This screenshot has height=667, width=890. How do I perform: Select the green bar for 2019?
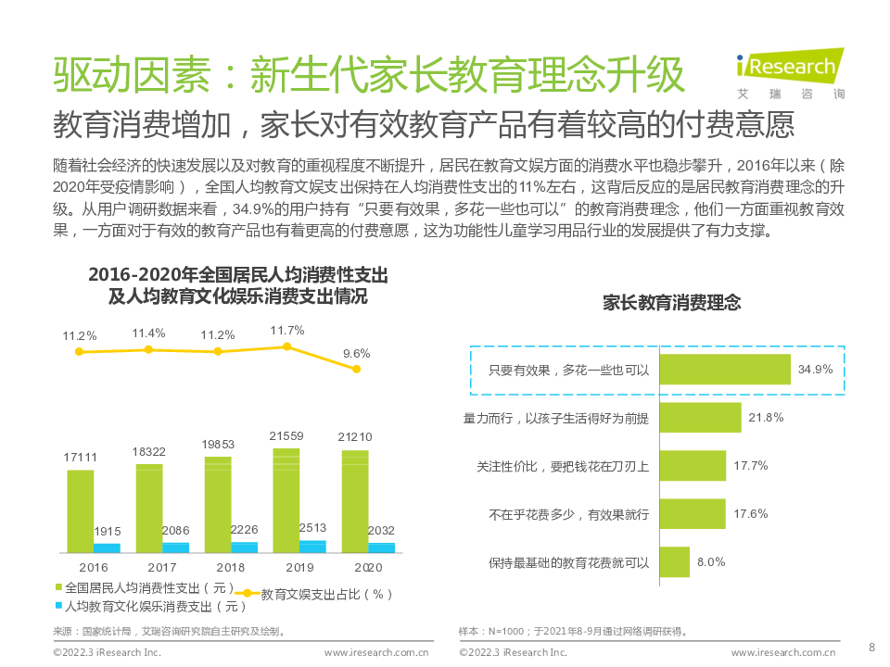[x=286, y=500]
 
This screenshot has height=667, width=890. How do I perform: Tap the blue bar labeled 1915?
[x=107, y=547]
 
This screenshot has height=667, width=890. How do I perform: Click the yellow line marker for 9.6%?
[x=356, y=369]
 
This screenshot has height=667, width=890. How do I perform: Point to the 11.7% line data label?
[x=287, y=330]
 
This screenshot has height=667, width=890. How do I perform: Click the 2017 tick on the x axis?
[x=162, y=567]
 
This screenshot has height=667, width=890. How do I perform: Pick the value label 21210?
[x=355, y=436]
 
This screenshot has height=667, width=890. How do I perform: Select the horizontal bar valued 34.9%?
[x=724, y=370]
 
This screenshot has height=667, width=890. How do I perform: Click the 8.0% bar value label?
[x=711, y=561]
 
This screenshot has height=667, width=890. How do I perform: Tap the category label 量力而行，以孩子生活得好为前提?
[x=556, y=419]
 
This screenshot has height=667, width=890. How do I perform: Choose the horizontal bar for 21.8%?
[x=700, y=418]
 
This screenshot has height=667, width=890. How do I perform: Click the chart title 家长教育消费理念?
[x=672, y=303]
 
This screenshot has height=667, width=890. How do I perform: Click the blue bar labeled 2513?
[x=312, y=547]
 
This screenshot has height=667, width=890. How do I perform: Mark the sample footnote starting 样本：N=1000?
[x=573, y=632]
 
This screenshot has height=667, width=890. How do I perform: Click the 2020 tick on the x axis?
[x=368, y=567]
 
